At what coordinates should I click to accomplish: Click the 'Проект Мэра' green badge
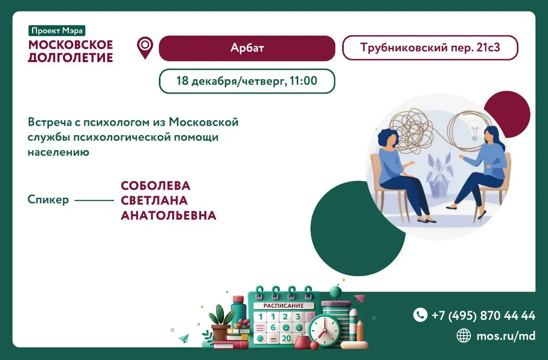tap(57, 30)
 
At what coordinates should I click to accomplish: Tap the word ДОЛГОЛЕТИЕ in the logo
tap(70, 57)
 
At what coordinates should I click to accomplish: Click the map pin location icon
tap(145, 48)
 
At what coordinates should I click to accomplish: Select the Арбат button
tap(247, 48)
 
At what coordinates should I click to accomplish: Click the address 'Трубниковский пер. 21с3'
tap(430, 48)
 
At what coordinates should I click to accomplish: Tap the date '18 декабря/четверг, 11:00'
tap(247, 80)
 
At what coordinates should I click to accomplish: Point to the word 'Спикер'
tap(48, 199)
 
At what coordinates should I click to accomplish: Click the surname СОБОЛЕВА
tap(155, 186)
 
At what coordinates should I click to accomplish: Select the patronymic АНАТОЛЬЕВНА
tap(168, 215)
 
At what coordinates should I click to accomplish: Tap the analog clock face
tap(324, 330)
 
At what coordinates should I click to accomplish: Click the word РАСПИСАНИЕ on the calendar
tap(283, 306)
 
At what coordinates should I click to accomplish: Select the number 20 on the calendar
tap(286, 338)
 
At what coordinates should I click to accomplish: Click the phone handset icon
tap(420, 315)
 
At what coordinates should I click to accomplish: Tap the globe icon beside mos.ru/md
tap(464, 336)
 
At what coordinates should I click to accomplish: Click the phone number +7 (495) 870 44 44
tap(483, 315)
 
